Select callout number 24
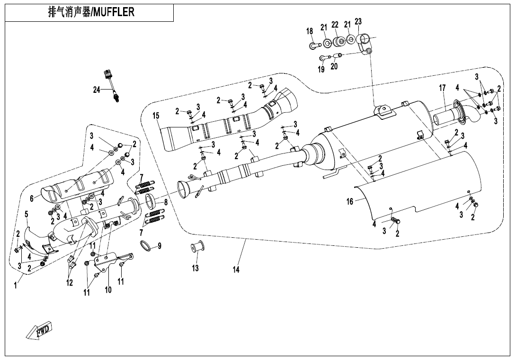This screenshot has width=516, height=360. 97,90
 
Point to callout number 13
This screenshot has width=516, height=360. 196,268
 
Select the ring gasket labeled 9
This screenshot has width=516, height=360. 147,246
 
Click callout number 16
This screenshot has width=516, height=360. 350,202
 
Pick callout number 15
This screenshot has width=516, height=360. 156,116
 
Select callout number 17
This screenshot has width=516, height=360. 443,88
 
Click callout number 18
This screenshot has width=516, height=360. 310,31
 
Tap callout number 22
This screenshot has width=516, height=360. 335,25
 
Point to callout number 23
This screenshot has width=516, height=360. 358,21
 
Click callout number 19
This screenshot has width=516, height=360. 321,69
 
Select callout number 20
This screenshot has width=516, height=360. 334,67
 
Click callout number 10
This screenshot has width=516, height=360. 108,290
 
